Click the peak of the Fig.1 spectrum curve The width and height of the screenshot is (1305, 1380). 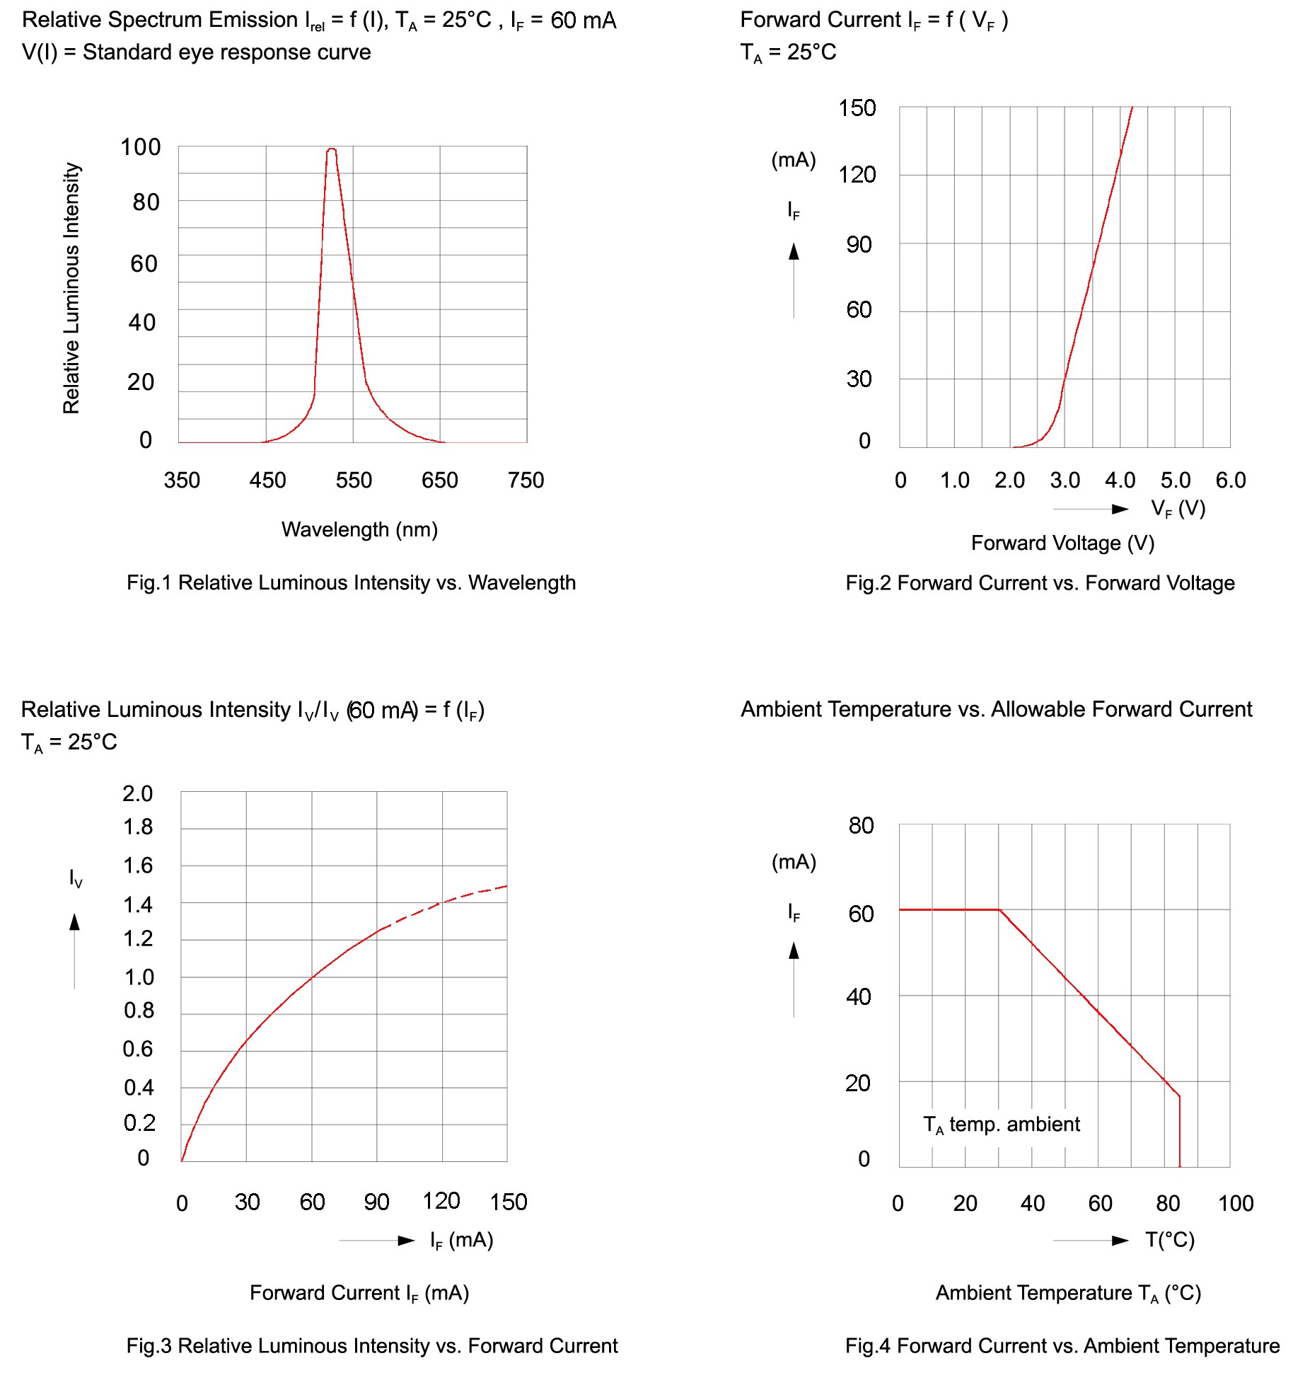point(331,149)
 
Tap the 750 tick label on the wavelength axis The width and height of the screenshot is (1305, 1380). point(526,481)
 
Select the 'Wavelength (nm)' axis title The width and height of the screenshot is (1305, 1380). point(359,529)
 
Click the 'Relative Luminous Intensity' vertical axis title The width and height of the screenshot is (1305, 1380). point(71,288)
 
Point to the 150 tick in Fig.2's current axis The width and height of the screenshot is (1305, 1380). point(857,108)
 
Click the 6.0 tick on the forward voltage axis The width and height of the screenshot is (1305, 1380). point(1230,481)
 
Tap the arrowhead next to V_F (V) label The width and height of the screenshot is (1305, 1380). point(1120,509)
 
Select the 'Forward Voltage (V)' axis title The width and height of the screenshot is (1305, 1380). point(1062,543)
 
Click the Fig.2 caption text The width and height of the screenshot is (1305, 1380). point(1040,583)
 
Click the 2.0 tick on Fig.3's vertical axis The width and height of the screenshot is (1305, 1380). point(137,793)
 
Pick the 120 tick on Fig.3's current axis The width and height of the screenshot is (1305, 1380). point(441,1201)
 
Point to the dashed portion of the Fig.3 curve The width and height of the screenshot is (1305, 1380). point(446,901)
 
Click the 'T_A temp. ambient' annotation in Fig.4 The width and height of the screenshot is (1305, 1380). point(1001,1125)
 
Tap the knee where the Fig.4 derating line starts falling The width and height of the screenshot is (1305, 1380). point(999,910)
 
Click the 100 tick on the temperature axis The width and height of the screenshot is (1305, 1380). point(1235,1203)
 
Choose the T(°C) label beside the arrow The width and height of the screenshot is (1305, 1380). point(1170,1240)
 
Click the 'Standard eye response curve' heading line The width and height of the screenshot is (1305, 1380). point(197,52)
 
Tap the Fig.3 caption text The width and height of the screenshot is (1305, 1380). point(372,1345)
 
